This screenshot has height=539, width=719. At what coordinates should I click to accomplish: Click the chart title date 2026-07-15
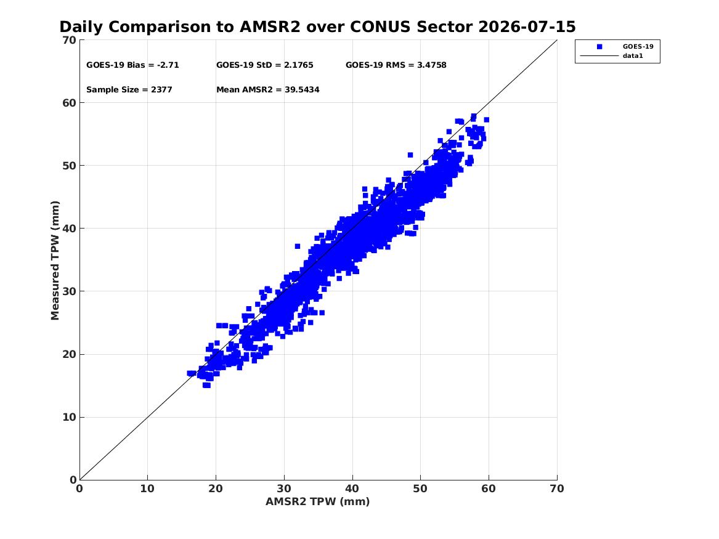527,27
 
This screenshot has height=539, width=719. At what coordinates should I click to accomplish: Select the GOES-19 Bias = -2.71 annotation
132,65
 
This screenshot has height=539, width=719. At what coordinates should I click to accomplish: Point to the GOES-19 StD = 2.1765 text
264,65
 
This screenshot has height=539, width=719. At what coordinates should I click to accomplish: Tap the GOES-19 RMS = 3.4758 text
396,65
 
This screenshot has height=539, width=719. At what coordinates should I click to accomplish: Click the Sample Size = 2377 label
129,90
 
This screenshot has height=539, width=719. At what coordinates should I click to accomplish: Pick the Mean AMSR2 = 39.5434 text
268,90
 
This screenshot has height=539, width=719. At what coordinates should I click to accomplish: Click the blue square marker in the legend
599,47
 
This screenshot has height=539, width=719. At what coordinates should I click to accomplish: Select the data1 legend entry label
633,56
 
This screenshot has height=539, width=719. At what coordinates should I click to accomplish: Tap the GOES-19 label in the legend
638,47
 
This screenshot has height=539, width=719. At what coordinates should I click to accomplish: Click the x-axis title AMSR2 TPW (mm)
318,501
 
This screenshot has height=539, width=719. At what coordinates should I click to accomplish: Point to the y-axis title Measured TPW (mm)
55,261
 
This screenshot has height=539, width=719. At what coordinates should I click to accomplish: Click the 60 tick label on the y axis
70,103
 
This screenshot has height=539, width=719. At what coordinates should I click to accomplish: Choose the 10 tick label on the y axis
70,417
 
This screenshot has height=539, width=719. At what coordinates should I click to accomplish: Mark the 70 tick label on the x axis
557,488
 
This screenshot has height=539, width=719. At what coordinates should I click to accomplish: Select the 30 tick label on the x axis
284,488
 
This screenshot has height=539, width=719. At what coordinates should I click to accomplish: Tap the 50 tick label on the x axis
420,488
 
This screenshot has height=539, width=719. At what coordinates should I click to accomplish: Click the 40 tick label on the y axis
70,229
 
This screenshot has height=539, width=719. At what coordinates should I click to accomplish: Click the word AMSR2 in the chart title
270,27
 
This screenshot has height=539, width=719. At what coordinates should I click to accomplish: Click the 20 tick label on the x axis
216,488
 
